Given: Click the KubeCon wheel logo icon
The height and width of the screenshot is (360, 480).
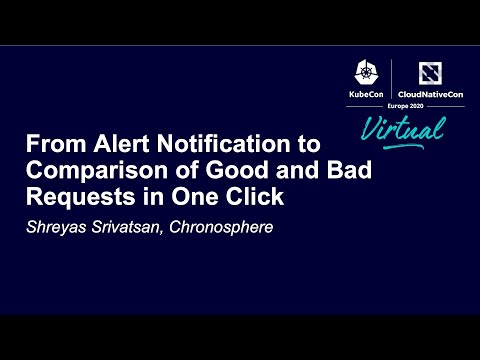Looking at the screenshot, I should [363, 72].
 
